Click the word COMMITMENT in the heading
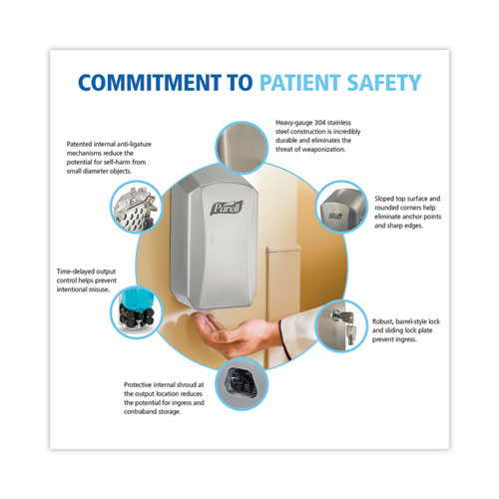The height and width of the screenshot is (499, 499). pyautogui.click(x=150, y=83)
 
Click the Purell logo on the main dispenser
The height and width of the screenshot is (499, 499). pyautogui.click(x=227, y=208)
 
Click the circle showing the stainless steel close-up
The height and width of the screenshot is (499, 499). pyautogui.click(x=242, y=147)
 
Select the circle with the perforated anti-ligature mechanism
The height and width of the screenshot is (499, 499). pyautogui.click(x=136, y=207)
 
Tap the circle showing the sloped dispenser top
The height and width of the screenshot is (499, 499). pyautogui.click(x=341, y=207)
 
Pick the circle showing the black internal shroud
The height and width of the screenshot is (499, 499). pyautogui.click(x=242, y=384)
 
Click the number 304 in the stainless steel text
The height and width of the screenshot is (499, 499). pyautogui.click(x=319, y=123)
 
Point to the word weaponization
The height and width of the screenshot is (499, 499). pyautogui.click(x=323, y=150)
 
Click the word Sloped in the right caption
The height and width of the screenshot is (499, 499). pyautogui.click(x=384, y=199)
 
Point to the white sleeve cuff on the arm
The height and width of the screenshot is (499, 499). pyautogui.click(x=285, y=337)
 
